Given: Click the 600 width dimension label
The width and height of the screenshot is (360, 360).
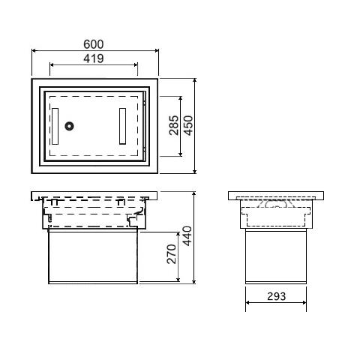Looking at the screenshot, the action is [93, 44].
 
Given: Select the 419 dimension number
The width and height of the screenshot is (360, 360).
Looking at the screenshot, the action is [93, 58].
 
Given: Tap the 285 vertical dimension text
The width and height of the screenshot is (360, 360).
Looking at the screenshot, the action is [174, 125].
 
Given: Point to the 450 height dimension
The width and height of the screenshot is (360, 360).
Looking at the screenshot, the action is [188, 125].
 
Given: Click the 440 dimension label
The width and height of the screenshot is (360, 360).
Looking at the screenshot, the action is [187, 236].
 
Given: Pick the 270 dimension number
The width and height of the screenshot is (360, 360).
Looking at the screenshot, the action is [172, 254].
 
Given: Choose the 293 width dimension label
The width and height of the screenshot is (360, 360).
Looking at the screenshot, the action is [276, 296].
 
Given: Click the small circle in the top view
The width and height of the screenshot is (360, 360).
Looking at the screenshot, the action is [69, 126].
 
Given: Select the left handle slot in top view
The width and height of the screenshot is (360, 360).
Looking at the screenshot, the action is [55, 126].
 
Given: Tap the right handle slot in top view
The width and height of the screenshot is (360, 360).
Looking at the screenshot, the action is [122, 126].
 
